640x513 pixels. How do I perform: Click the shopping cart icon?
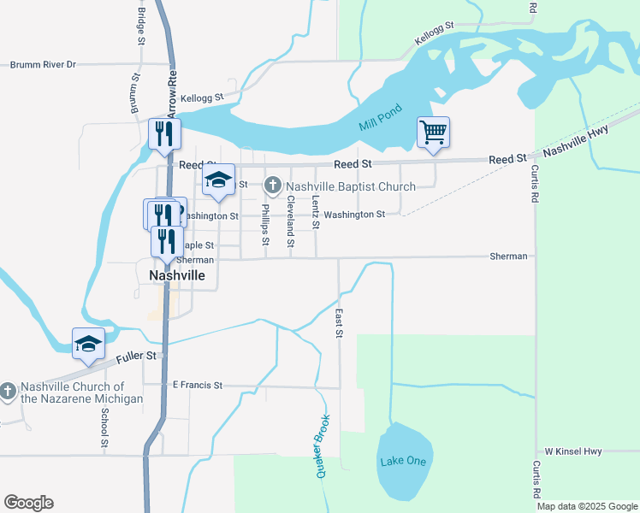click(x=433, y=133)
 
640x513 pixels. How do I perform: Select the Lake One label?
click(x=402, y=461)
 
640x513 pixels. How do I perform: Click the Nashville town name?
click(x=177, y=276)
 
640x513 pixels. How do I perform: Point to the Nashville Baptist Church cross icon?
click(x=273, y=185)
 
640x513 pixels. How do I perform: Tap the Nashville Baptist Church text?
click(x=351, y=186)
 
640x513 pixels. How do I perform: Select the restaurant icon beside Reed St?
click(x=165, y=133)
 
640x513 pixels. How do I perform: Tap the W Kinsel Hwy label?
click(x=573, y=451)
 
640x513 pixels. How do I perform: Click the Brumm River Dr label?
click(x=43, y=64)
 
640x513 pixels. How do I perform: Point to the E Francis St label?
click(x=198, y=386)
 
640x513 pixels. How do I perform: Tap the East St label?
click(x=339, y=323)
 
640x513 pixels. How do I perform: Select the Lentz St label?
click(x=316, y=212)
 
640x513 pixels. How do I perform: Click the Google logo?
click(x=28, y=503)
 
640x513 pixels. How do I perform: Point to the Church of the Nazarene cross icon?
click(x=9, y=391)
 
